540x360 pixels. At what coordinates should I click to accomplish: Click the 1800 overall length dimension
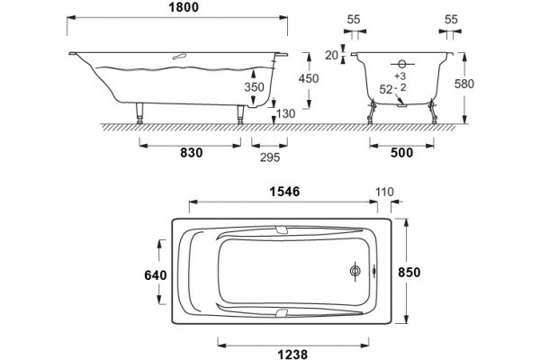(x=184, y=7)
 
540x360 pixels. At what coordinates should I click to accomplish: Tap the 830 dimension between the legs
(x=192, y=153)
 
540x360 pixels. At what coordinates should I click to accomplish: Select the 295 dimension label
(x=270, y=157)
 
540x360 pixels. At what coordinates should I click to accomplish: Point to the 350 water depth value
(x=254, y=87)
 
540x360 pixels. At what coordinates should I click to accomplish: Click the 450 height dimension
(x=309, y=78)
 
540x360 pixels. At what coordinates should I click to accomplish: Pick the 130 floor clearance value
(x=285, y=113)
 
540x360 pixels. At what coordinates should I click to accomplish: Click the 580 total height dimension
(x=464, y=84)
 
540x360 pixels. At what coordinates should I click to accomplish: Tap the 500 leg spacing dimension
(x=402, y=153)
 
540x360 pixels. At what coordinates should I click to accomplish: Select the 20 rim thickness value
(x=332, y=55)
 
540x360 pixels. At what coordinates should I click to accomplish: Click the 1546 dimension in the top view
(x=284, y=192)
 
